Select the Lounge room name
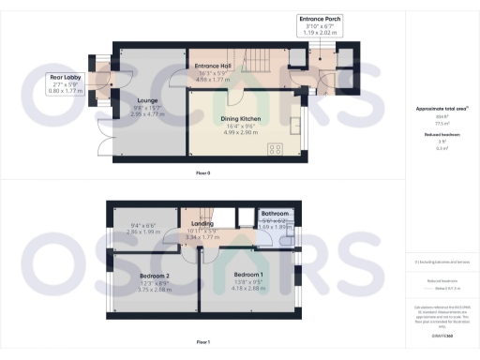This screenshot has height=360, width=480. click(145, 100)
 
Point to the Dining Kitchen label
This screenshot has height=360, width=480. click(240, 119)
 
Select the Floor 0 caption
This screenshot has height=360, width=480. click(203, 174)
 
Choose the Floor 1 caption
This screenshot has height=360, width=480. click(203, 343)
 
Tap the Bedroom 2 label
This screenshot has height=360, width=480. click(154, 277)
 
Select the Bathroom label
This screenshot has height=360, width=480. click(277, 214)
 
